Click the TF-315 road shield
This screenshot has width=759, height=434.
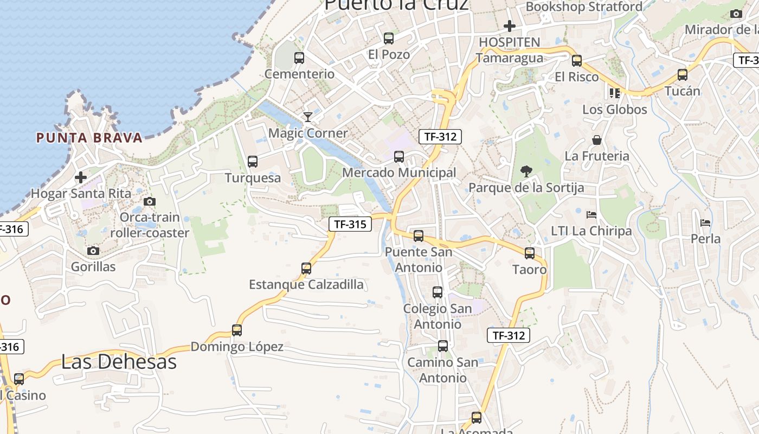point(350,224)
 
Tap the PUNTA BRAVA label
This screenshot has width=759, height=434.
point(89,138)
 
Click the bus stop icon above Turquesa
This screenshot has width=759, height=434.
point(253,161)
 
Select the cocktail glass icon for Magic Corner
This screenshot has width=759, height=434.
point(308,117)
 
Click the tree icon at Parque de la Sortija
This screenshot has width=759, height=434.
point(526,171)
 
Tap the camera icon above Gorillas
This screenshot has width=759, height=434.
point(93,251)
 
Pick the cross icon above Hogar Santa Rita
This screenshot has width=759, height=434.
point(81,177)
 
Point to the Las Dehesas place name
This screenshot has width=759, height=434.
point(119,362)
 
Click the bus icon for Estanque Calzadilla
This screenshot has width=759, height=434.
point(306,268)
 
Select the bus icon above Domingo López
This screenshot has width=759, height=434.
point(237,330)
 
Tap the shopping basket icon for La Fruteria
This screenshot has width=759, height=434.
point(597,140)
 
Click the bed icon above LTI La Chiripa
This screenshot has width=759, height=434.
point(591,215)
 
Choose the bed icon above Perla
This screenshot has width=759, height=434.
point(705,222)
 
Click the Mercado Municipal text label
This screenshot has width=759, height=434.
point(399,173)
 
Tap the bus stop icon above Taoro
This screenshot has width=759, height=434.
point(530,253)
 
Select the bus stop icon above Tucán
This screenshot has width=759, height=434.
point(683,75)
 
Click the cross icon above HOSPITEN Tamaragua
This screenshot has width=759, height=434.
point(509,25)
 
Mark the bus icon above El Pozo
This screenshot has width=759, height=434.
point(389,38)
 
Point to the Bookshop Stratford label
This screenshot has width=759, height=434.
point(584,7)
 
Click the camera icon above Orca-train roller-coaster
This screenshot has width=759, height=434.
point(150,201)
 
